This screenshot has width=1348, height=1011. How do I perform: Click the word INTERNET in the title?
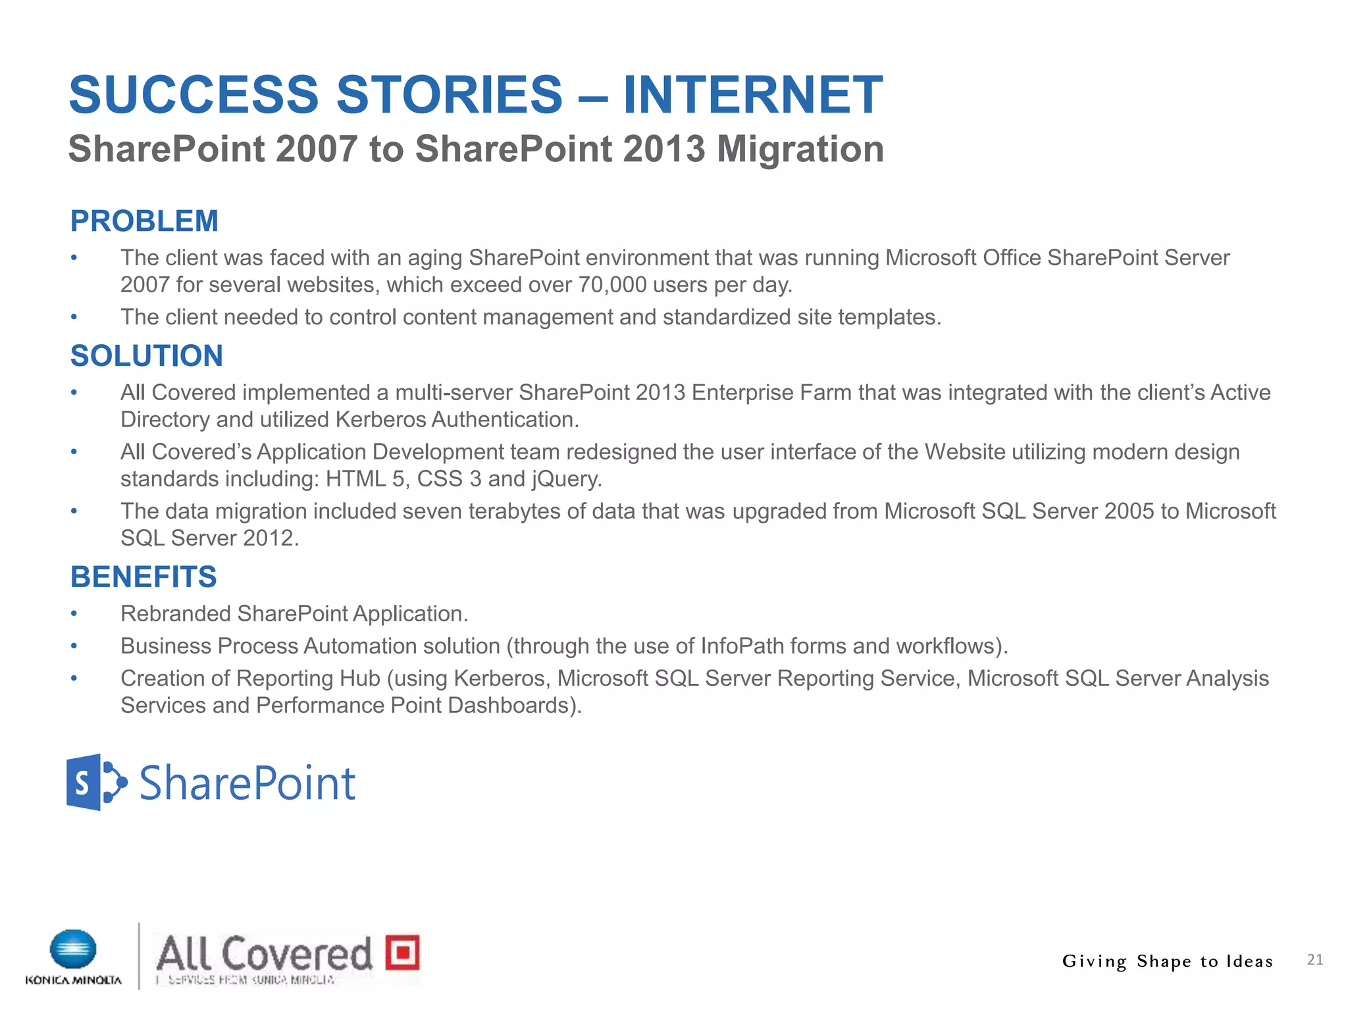(752, 95)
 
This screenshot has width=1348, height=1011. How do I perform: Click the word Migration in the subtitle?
(800, 149)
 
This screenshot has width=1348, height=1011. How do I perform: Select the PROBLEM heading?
(144, 221)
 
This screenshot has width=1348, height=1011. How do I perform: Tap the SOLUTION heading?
(147, 356)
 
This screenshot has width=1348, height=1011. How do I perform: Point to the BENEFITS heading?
(143, 577)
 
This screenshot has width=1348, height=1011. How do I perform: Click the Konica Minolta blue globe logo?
(73, 950)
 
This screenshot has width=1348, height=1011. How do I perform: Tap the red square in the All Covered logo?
(402, 952)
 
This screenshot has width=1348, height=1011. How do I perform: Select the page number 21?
(1314, 960)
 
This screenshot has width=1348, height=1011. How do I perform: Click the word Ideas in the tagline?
(1249, 961)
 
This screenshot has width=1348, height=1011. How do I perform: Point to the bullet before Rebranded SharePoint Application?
(74, 614)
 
